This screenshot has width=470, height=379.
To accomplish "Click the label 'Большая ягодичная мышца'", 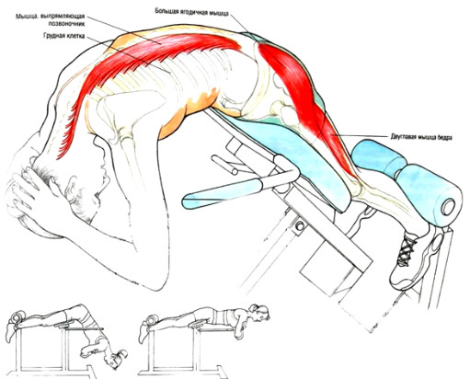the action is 191,12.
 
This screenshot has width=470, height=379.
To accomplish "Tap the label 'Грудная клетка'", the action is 63,36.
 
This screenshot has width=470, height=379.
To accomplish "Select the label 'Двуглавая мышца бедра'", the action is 421,137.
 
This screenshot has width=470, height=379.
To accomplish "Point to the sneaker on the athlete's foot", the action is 417,258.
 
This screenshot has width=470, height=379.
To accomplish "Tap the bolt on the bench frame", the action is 299,226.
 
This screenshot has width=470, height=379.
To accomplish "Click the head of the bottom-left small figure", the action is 118,358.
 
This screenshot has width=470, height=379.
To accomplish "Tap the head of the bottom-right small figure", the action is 259,312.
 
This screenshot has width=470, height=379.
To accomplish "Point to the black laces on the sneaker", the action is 407,249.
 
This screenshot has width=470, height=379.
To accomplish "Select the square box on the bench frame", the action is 325,270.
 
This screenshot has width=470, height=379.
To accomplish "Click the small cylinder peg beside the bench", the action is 224,165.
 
